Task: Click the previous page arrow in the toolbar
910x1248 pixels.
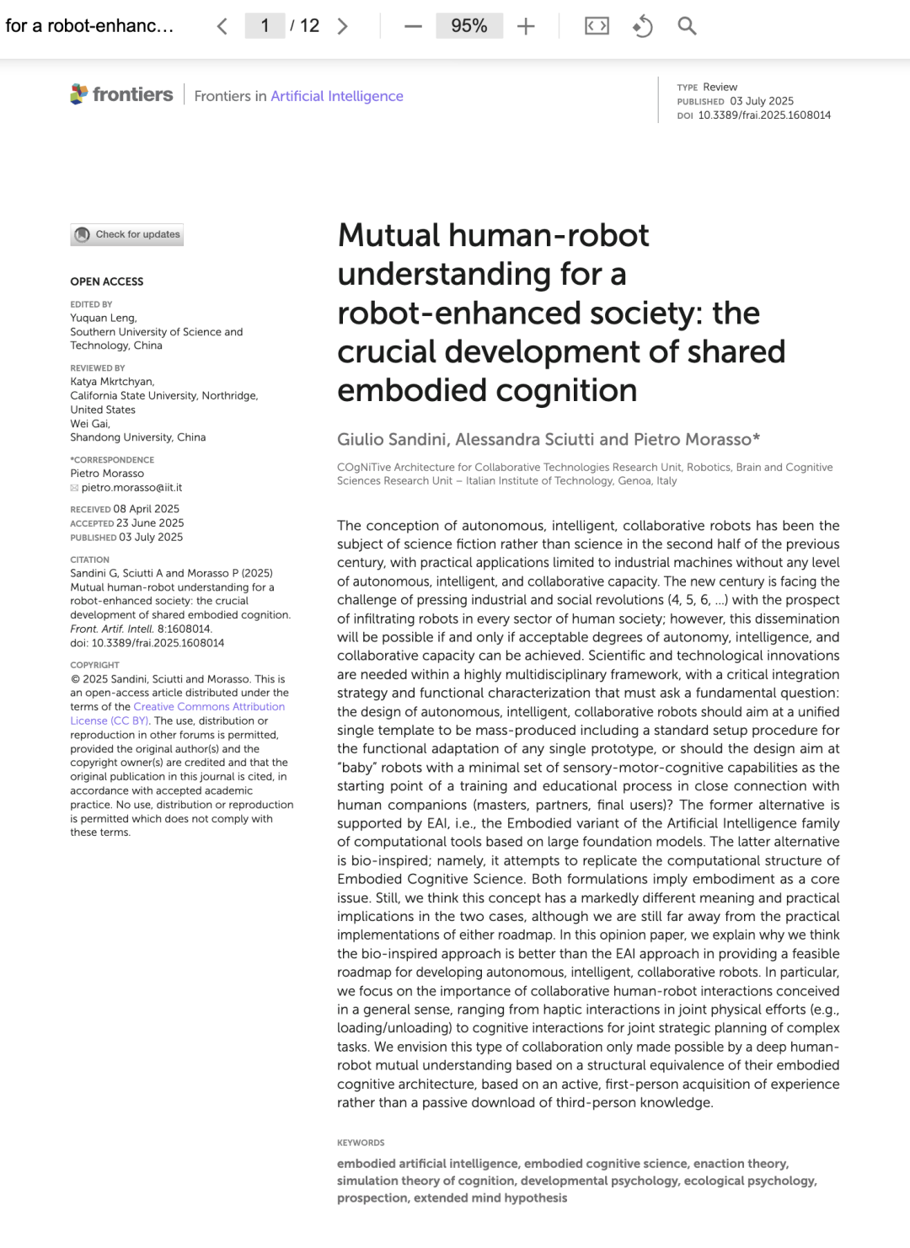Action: point(222,26)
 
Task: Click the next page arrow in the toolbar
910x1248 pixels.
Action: point(342,26)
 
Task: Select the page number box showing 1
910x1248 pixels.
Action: point(265,26)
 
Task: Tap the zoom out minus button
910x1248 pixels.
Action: point(413,26)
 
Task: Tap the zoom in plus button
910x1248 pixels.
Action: point(526,26)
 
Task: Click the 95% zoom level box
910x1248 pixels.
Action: point(469,26)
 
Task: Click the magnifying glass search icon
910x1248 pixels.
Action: point(687,26)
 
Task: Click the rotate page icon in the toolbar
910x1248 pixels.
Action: point(642,26)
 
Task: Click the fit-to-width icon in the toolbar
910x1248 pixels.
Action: point(597,26)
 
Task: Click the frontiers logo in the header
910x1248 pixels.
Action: point(122,94)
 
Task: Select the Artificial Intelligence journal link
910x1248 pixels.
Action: point(337,96)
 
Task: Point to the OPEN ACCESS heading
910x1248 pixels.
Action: point(107,281)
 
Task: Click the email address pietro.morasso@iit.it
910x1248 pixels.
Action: point(131,487)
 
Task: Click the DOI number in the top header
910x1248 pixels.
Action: point(764,115)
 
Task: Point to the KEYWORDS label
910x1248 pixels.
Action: point(361,1143)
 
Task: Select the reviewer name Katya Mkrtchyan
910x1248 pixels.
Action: point(112,382)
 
